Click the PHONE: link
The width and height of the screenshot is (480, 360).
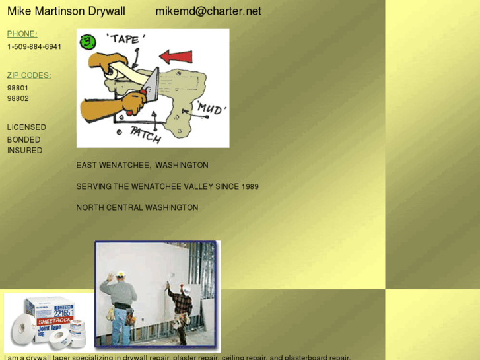(22, 34)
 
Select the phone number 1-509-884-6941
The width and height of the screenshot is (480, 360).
(34, 47)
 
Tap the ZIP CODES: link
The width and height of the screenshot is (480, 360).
(29, 75)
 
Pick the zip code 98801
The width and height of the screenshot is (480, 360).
(18, 88)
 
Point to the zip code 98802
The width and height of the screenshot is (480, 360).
(18, 98)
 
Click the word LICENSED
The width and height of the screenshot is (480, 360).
(26, 127)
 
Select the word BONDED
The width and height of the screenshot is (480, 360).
(24, 140)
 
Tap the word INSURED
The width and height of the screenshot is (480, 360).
(24, 151)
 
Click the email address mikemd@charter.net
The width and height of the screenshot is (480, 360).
(208, 11)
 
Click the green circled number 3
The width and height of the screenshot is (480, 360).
(87, 43)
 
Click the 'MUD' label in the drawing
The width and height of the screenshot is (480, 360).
(210, 108)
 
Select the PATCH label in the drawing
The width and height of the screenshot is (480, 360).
(145, 135)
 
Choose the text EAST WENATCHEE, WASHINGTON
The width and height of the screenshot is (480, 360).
(142, 166)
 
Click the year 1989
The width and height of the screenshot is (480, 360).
(250, 187)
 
